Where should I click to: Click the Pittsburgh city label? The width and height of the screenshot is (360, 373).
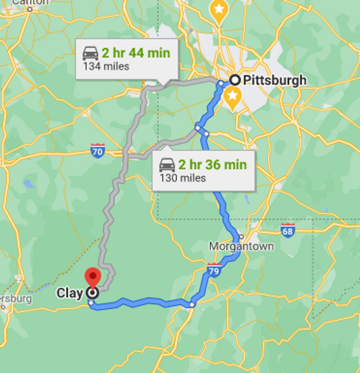(x=274, y=80)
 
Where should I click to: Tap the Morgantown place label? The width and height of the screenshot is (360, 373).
(x=241, y=246)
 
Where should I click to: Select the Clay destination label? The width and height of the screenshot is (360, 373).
(x=70, y=293)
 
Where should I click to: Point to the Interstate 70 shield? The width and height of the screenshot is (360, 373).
(x=98, y=151)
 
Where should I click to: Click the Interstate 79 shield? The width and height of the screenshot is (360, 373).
(x=214, y=270)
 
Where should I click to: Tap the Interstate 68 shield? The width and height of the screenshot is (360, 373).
(x=288, y=231)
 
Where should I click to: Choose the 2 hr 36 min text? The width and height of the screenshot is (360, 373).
(x=212, y=164)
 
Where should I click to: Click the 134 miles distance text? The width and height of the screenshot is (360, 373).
(x=106, y=66)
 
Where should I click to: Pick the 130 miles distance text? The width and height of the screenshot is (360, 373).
(x=183, y=178)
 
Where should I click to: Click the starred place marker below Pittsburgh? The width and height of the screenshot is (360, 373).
(x=232, y=97)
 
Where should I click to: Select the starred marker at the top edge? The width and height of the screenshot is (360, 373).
(x=219, y=10)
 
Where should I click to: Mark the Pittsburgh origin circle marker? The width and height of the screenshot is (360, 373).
(x=235, y=80)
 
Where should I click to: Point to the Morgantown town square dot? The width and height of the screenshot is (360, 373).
(x=241, y=237)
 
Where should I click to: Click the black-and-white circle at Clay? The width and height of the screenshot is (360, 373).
(x=92, y=293)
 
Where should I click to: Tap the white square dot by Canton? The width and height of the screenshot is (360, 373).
(x=29, y=9)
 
